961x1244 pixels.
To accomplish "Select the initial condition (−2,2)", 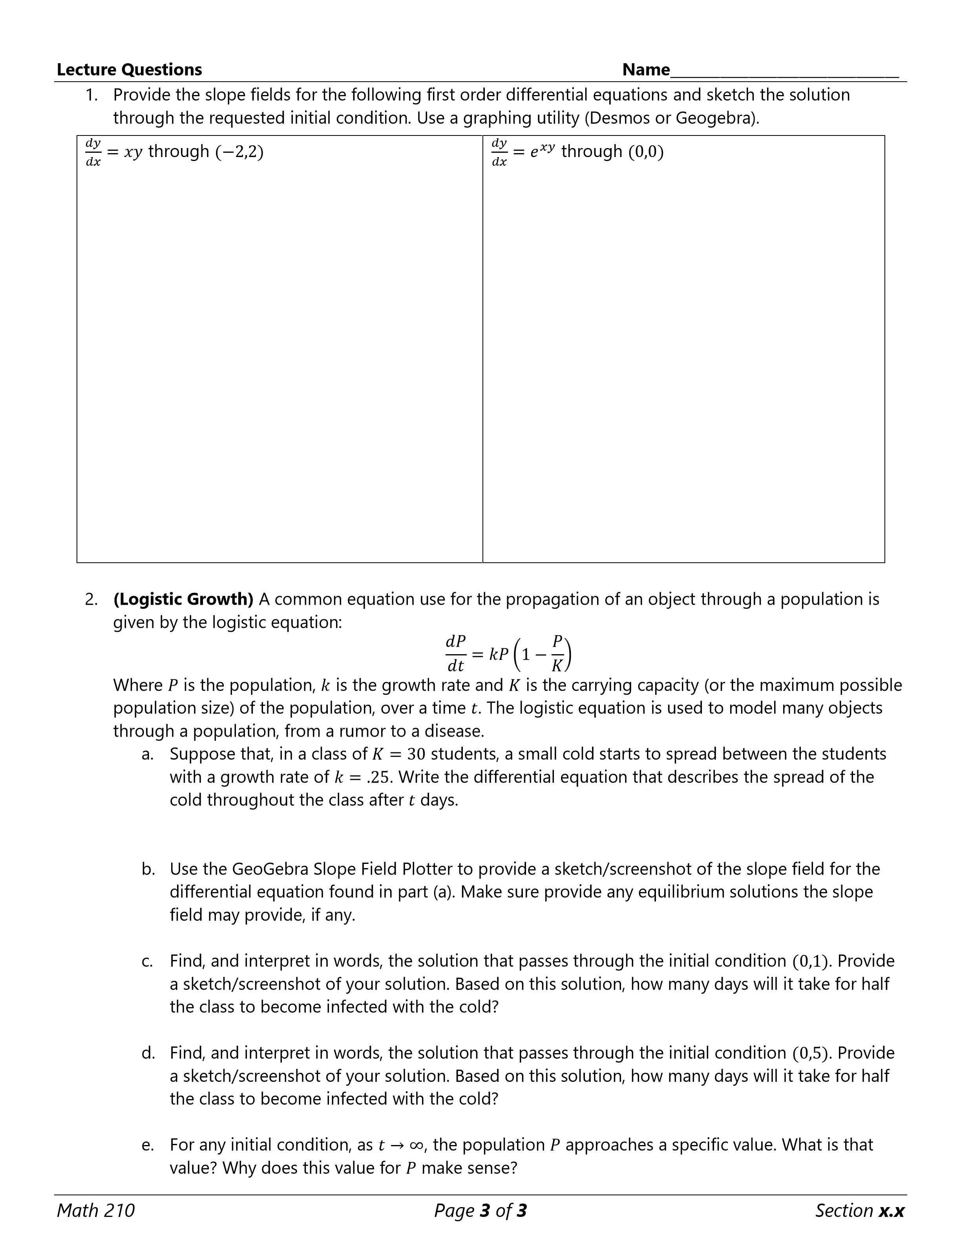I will [239, 152].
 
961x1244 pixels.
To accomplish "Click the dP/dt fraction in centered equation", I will [455, 653].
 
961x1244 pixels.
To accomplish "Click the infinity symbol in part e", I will [416, 1145].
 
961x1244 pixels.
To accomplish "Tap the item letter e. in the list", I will [148, 1145].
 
